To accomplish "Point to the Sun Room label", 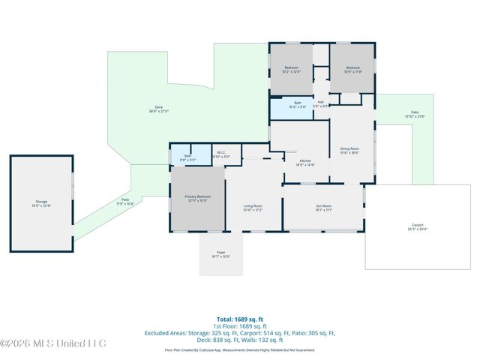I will [323, 207].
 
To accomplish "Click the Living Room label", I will [253, 207].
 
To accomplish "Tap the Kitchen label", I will [305, 162].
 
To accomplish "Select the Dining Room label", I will [350, 151].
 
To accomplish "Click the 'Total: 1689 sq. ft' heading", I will [240, 319].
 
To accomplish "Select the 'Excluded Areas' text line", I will [240, 332].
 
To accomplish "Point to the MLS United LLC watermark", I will [53, 343].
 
